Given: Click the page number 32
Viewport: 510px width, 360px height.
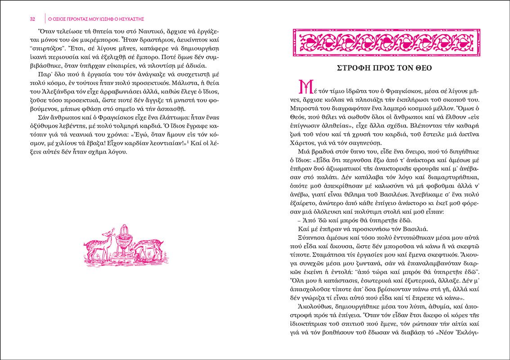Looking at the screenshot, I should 32,19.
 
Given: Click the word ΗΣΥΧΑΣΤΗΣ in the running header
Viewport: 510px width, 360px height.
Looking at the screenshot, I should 134,19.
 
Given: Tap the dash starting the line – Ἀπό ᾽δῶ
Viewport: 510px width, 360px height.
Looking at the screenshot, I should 300,221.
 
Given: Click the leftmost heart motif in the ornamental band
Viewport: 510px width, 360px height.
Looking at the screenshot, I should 310,42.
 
